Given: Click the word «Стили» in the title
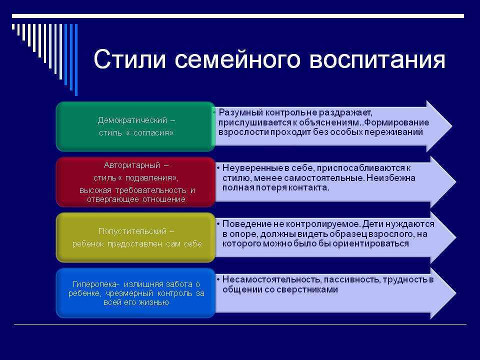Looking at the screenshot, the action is pos(130,59).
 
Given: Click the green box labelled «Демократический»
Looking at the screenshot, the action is pos(135,126).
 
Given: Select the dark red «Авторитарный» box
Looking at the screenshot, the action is pos(135,182).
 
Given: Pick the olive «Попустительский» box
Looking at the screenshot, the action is pos(135,237).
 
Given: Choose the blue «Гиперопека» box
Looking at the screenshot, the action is pos(135,293).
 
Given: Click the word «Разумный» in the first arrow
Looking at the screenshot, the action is pos(241,113).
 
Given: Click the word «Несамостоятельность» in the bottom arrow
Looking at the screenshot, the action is pos(272,279).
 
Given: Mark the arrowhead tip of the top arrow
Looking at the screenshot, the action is pos(452,126).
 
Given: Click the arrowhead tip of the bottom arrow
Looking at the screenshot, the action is pos(456,293).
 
